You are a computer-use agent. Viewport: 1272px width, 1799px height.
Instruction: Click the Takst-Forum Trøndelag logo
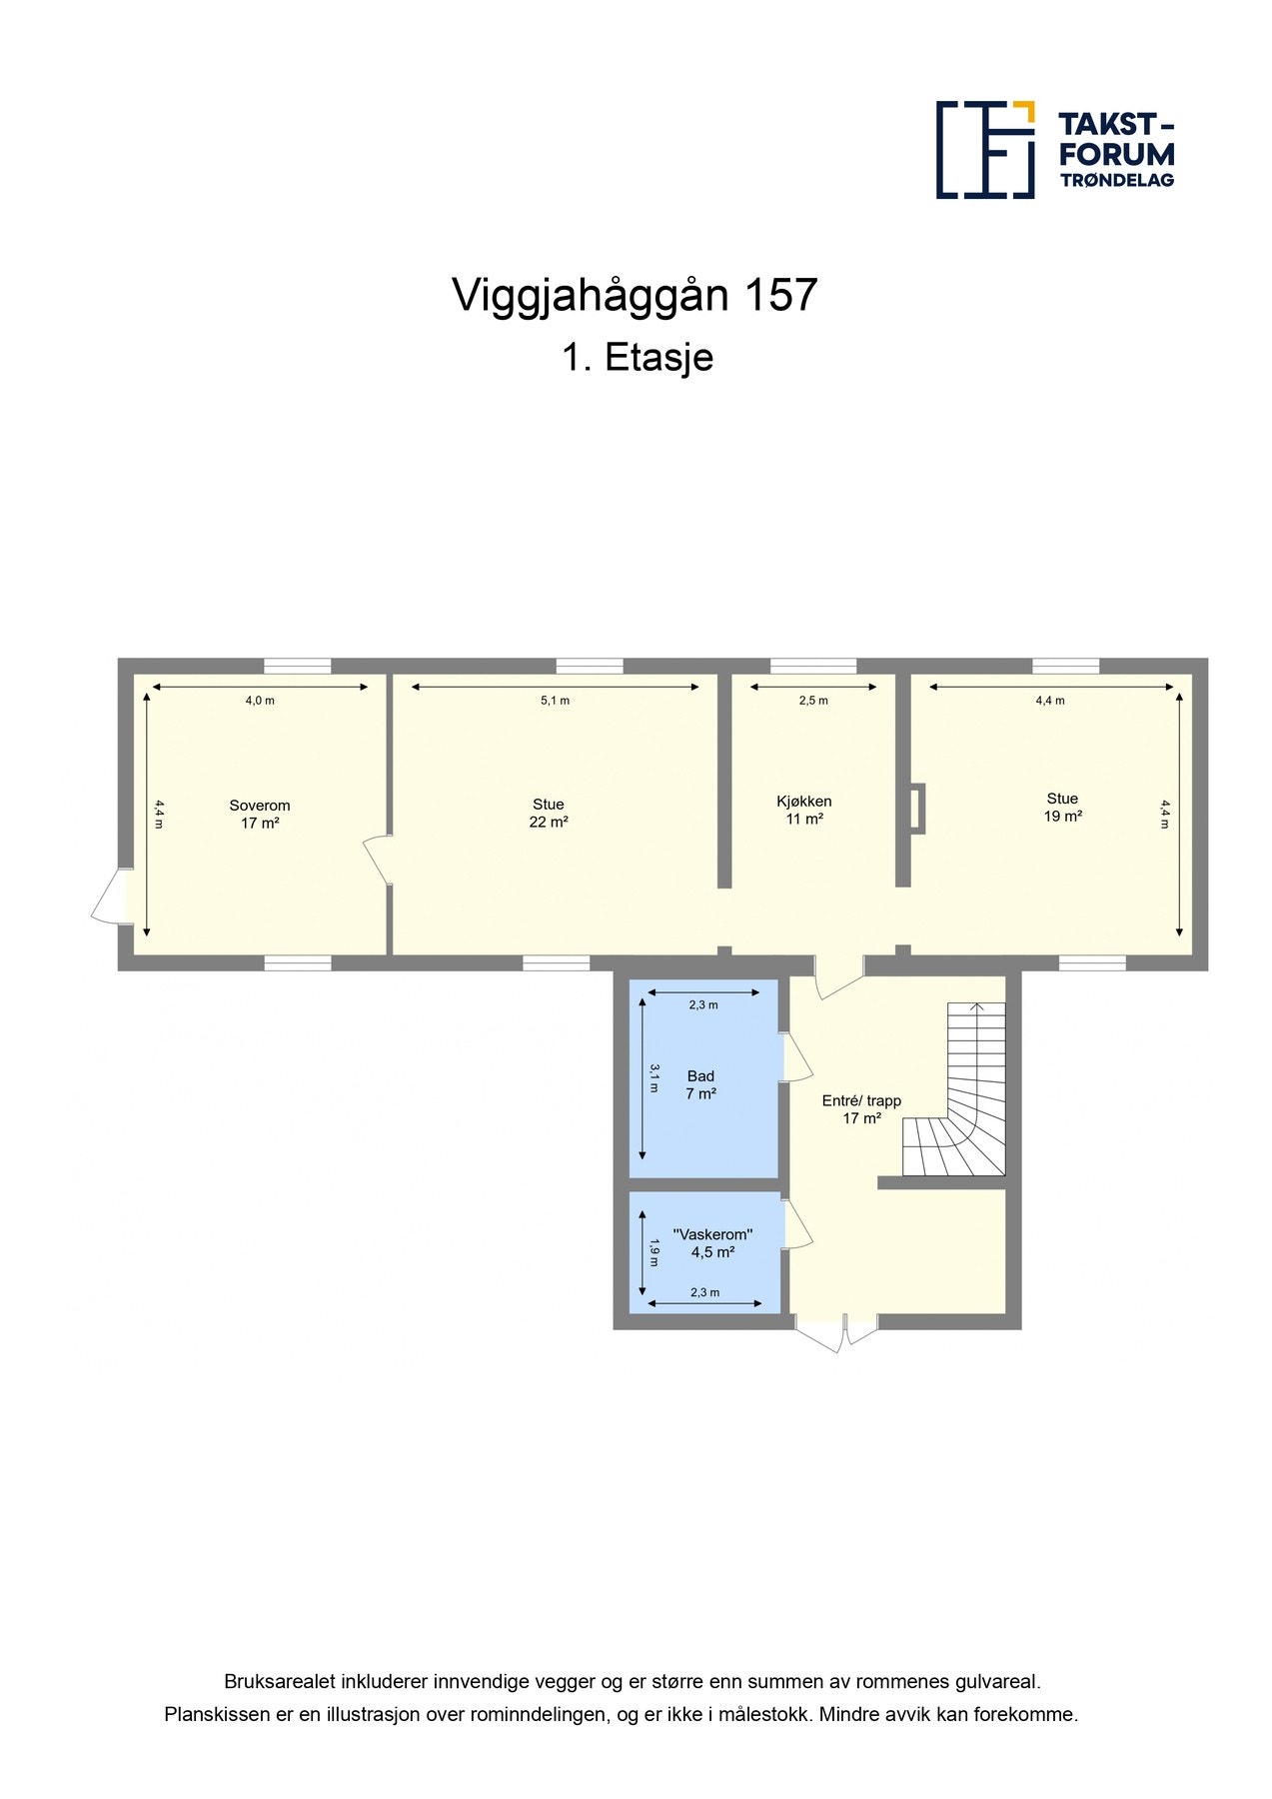pos(1054,150)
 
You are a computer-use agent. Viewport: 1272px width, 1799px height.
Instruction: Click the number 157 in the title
pos(780,295)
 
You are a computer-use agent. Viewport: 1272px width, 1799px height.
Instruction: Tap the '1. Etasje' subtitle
pos(636,358)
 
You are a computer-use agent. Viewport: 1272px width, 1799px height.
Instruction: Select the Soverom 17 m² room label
pos(260,814)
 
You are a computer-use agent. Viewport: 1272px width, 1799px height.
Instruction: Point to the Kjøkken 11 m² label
pos(803,810)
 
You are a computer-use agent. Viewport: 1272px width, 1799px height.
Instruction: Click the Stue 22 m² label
pos(549,813)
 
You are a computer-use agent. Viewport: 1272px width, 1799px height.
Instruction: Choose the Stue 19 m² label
pos(1062,807)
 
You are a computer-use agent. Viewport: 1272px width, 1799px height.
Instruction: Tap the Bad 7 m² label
pos(700,1084)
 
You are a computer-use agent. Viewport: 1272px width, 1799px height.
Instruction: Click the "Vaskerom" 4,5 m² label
pos(712,1242)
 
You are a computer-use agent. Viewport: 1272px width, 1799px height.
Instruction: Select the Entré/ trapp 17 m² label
pos(861,1109)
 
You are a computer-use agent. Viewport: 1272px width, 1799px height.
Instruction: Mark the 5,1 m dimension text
pos(556,701)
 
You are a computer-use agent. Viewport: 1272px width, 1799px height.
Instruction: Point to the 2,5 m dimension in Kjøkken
pos(813,701)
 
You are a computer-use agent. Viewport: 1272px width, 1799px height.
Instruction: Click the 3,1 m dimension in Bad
pos(654,1077)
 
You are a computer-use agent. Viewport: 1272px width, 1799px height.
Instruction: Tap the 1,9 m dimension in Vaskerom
pos(654,1252)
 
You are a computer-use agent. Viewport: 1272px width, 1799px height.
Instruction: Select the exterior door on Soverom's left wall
pos(110,896)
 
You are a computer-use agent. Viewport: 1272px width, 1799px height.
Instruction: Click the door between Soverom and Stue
pos(378,859)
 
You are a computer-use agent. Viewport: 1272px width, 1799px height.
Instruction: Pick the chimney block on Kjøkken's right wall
pos(917,809)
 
